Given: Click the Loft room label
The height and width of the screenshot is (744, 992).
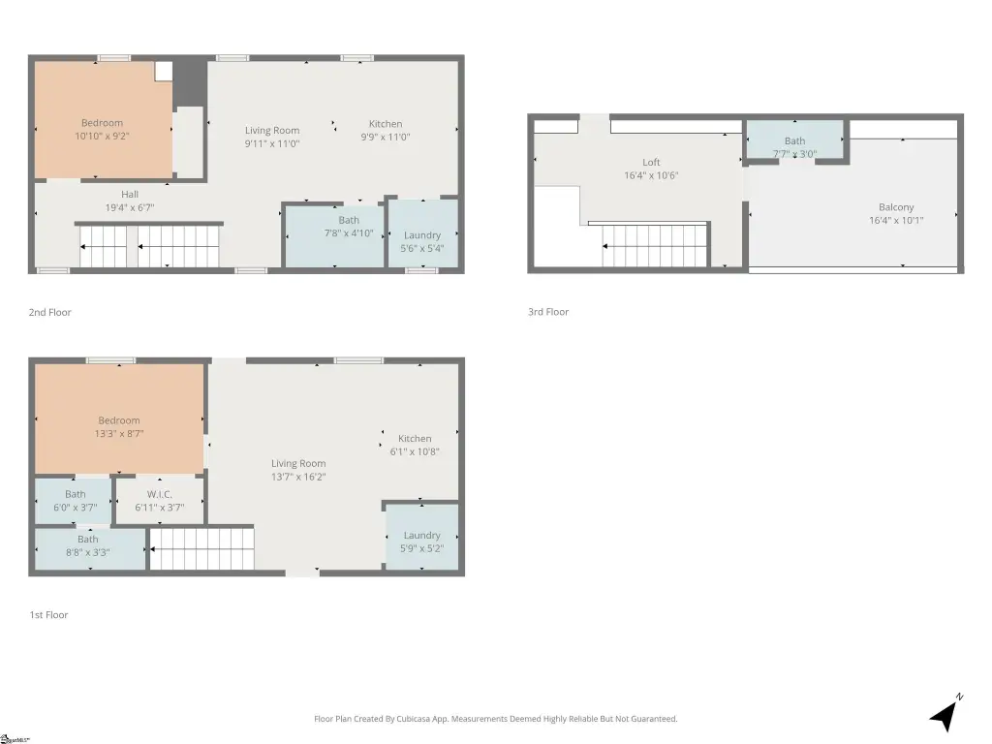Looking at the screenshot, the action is pos(651,162).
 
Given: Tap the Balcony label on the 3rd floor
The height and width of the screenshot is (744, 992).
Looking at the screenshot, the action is pos(896,207).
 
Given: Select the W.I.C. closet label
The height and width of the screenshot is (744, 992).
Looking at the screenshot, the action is pos(160,494).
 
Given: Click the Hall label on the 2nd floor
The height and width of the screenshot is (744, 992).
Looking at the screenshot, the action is pos(130,194).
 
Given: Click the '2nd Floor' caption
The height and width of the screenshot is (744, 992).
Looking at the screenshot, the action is pos(50,312).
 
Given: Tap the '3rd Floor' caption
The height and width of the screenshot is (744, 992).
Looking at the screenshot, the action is pos(548,311).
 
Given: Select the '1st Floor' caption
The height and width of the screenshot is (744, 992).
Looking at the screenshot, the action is pos(48,614).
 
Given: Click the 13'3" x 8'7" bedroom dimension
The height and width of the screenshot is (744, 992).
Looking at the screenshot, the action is pos(119,433).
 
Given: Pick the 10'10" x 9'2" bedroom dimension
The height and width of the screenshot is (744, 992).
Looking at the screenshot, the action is pos(102,136).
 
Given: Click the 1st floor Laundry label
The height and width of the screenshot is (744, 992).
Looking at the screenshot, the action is pos(422,535).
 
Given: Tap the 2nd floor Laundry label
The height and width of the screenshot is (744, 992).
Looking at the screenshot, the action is pos(422,235).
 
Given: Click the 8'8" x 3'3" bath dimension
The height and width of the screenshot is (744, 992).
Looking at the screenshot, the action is pos(88,552).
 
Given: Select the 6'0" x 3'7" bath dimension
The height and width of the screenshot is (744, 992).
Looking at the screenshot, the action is pos(76,508).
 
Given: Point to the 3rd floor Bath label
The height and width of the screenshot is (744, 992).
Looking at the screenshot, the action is pos(795,141).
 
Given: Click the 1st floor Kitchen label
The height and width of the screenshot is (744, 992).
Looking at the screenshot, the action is pos(415,439).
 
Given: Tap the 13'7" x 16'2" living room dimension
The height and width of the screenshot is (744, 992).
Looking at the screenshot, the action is pos(298,477).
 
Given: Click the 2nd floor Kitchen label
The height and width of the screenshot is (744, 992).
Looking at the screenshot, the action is pos(386,124).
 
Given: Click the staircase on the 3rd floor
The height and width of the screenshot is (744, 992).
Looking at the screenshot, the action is pos(655,246).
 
